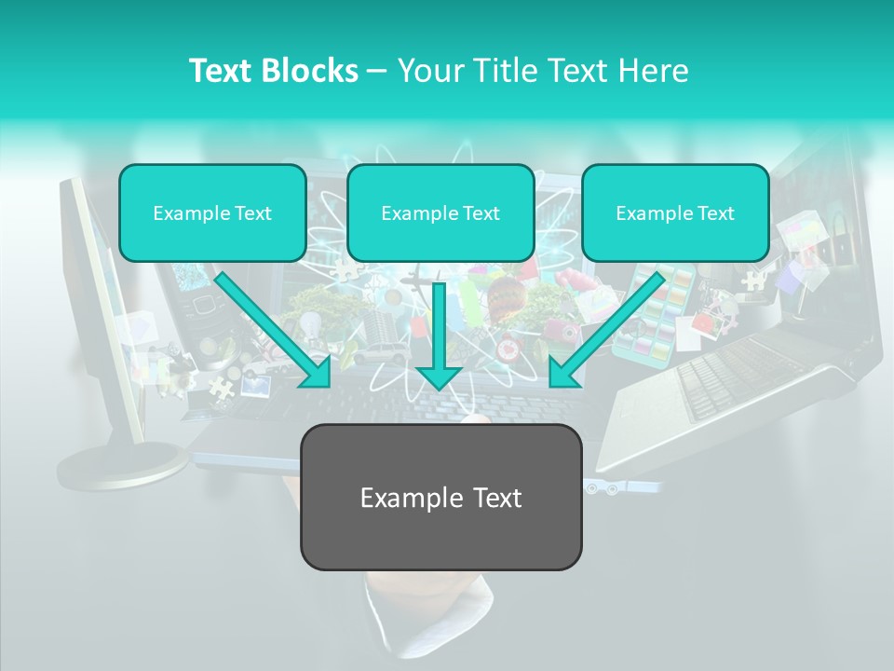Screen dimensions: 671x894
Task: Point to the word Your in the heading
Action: coord(429,71)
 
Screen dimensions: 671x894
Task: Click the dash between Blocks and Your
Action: coord(377,72)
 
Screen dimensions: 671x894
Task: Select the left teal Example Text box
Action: coord(212,212)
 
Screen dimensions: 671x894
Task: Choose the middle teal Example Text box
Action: coord(440,212)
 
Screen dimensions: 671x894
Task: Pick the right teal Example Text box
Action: coord(675,212)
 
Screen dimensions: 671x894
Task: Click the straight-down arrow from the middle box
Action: coord(439,335)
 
